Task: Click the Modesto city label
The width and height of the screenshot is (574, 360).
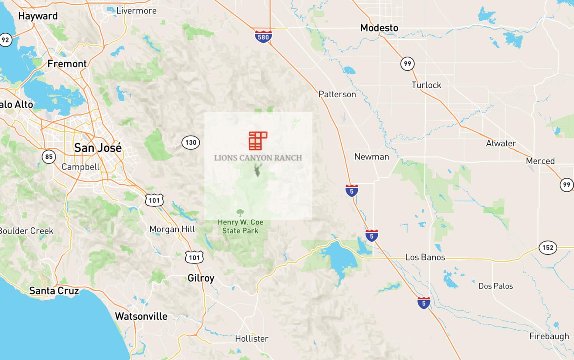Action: [x=379, y=28]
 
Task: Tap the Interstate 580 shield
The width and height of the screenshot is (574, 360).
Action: [x=263, y=37]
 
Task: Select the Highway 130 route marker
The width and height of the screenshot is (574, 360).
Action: [x=191, y=142]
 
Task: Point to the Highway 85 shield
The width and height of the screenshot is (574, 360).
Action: [x=49, y=157]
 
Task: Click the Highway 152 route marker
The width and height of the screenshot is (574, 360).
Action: [x=548, y=248]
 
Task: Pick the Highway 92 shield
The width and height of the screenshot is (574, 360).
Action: [x=5, y=40]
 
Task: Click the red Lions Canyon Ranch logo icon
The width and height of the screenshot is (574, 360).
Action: [x=258, y=141]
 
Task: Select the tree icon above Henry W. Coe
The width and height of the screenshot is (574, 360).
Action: [x=240, y=212]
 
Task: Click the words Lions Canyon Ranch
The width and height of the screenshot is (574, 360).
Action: [x=258, y=158]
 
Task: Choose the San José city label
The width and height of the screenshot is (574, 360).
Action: [x=98, y=148]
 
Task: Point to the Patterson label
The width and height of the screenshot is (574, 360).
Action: [x=337, y=94]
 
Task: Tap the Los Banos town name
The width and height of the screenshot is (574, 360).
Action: [x=425, y=258]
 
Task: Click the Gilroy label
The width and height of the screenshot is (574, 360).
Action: [x=201, y=278]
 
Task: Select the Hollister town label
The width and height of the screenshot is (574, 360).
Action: [x=252, y=339]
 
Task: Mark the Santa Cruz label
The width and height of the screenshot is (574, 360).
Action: [x=54, y=291]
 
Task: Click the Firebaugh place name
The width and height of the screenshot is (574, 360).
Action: [x=549, y=336]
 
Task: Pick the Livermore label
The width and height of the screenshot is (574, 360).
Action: [x=136, y=11]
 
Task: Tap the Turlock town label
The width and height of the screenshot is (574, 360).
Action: [x=426, y=85]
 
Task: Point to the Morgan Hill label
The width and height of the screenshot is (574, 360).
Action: [x=172, y=229]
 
